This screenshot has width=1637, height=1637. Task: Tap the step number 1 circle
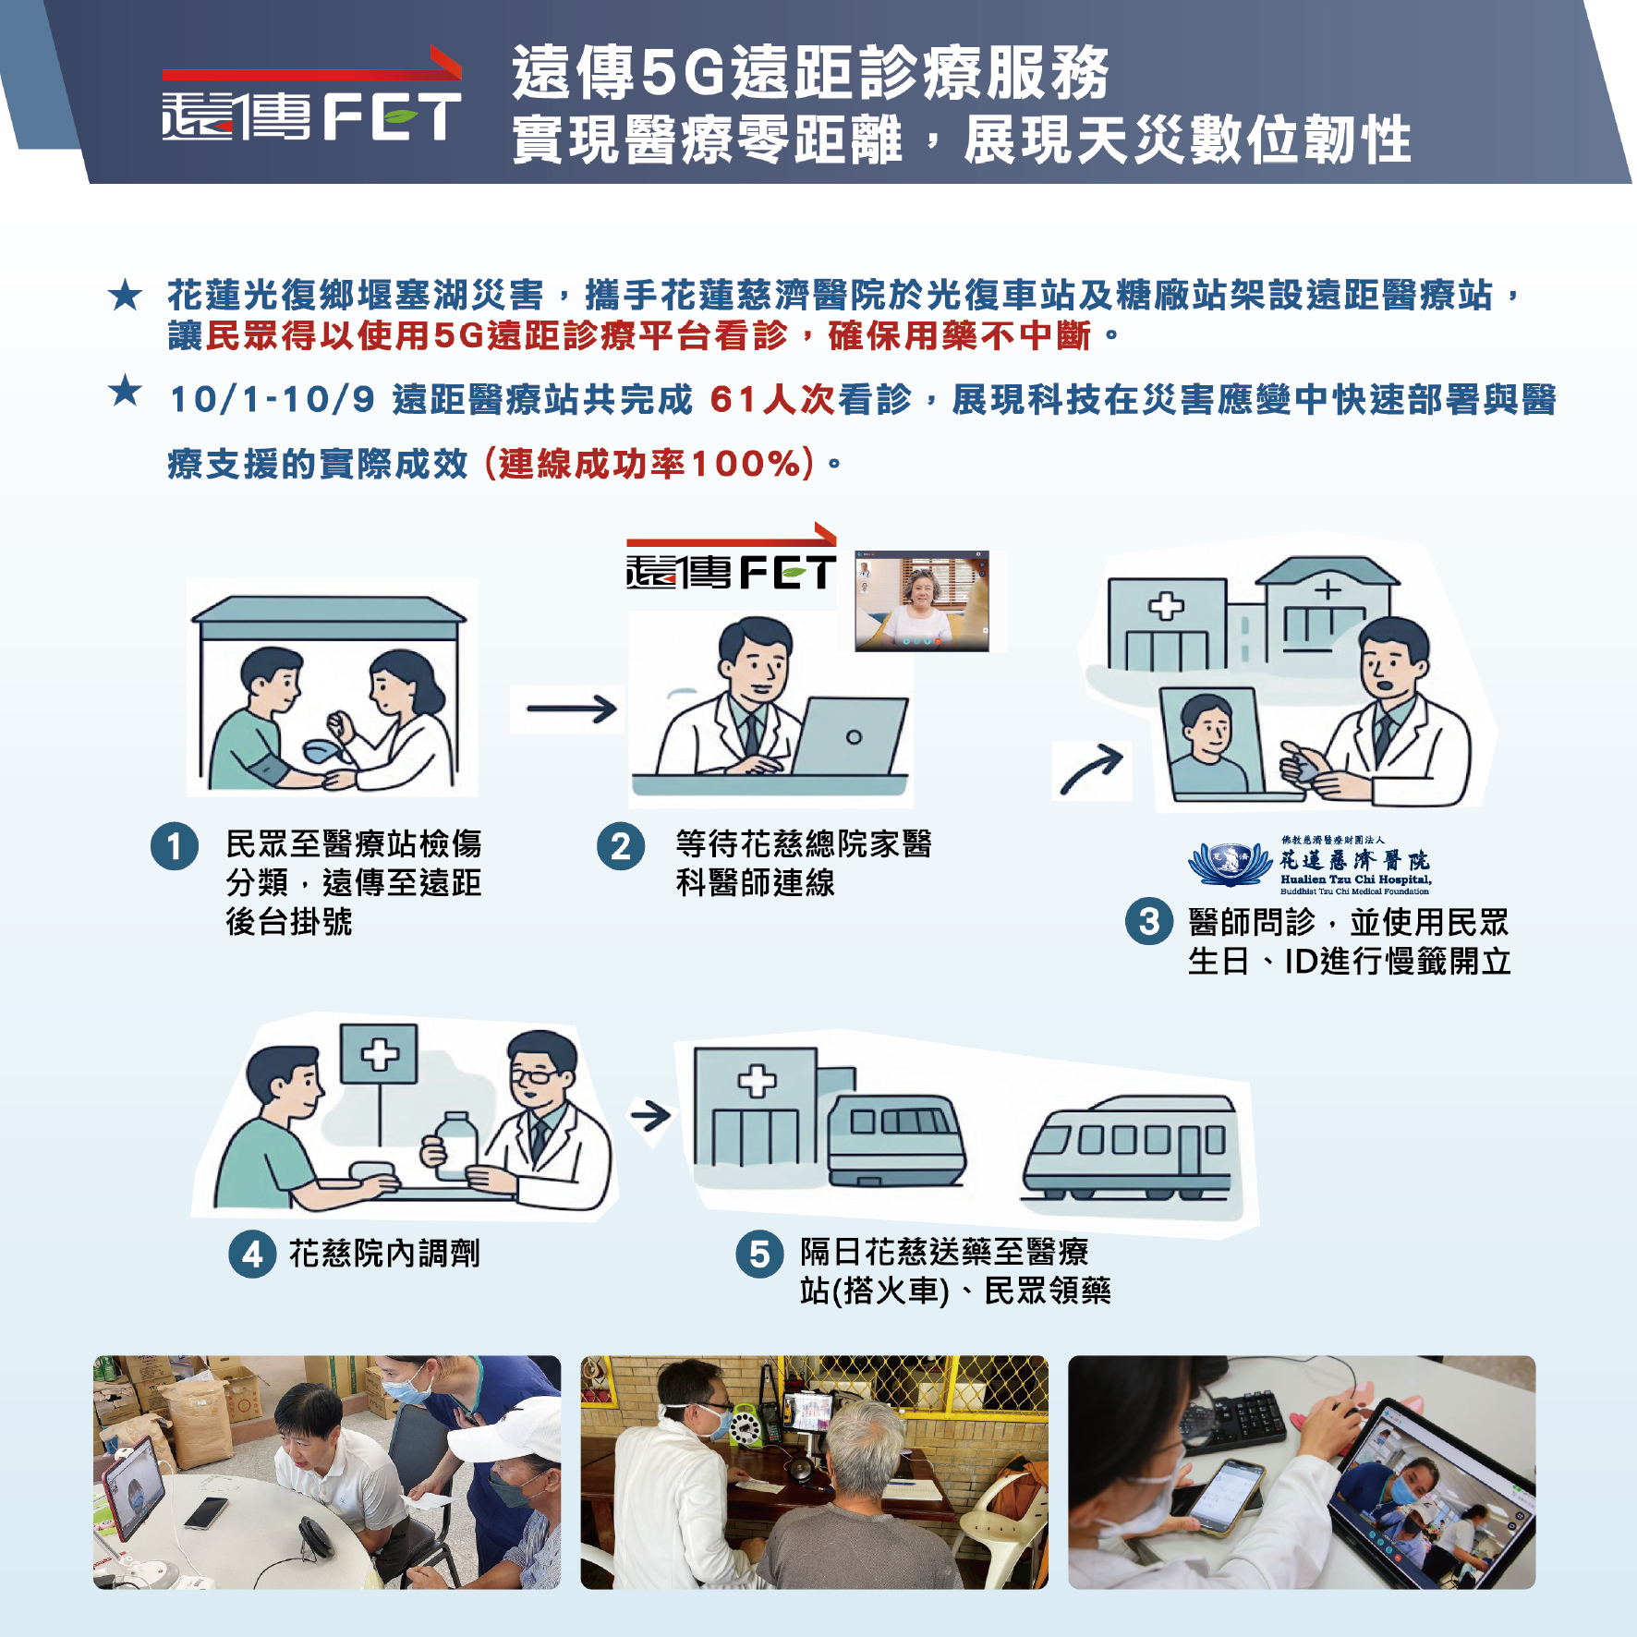pos(175,846)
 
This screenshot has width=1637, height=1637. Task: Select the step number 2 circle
pos(621,846)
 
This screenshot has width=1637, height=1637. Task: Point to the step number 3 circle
pos(1149,921)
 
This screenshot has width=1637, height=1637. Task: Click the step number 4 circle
pos(252,1254)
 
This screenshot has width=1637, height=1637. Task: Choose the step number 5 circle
pos(759,1254)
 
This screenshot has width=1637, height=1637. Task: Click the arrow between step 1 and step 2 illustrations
pos(571,709)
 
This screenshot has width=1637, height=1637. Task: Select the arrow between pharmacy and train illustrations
pos(650,1116)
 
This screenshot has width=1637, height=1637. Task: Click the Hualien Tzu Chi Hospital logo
pos(1310,866)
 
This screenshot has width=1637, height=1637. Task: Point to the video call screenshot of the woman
pos(922,601)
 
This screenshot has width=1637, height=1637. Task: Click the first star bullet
pos(125,296)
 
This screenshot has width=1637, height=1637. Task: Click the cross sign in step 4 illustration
pos(379,1054)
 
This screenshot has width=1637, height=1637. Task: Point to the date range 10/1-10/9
pos(273,400)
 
